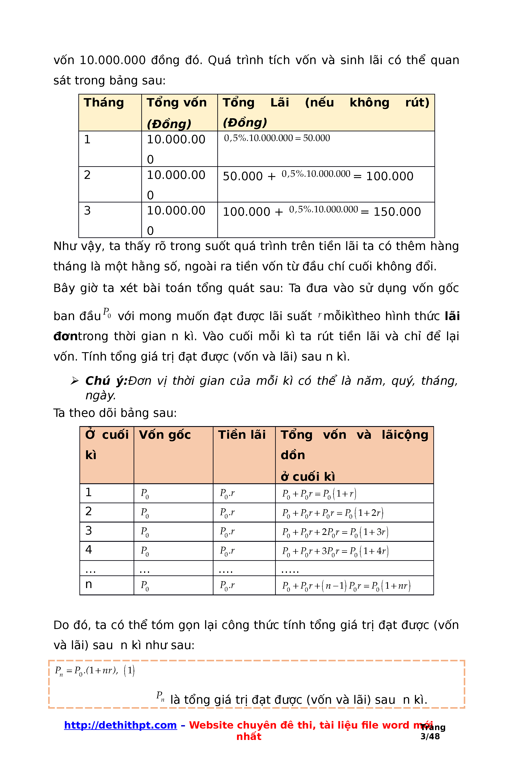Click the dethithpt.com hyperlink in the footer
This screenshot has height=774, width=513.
[120, 725]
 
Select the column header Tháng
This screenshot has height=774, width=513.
[104, 103]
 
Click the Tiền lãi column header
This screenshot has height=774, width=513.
[242, 435]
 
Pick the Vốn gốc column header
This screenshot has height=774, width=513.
[165, 435]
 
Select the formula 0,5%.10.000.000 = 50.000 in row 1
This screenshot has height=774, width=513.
[277, 138]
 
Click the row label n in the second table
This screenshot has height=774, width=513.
[89, 584]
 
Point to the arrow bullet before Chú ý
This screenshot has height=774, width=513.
[75, 381]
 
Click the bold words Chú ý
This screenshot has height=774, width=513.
[106, 381]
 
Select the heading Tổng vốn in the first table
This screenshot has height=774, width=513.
[176, 103]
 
